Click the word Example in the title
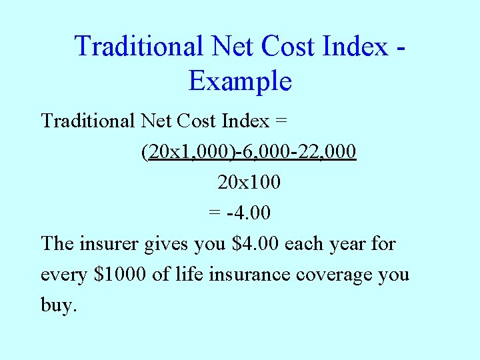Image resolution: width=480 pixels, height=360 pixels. tap(240, 81)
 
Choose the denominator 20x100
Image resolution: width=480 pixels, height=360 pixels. tap(249, 182)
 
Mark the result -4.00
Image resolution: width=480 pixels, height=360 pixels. tap(249, 213)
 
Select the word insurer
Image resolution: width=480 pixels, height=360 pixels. tap(109, 244)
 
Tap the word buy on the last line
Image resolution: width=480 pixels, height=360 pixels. tap(58, 305)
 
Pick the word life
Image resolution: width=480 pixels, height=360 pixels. tap(189, 274)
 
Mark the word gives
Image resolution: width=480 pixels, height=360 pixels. tap(167, 244)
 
